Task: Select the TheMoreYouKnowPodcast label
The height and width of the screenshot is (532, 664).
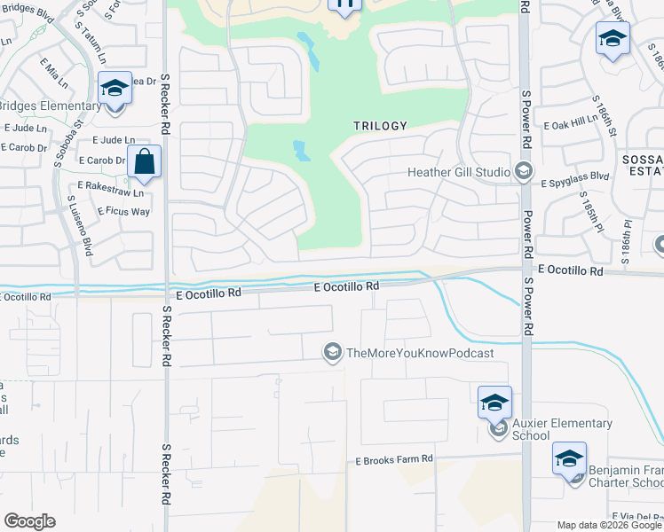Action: coord(419,353)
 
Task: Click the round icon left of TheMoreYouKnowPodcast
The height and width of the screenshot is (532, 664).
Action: coord(332,353)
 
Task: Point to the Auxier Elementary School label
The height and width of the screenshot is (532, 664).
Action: coord(562,429)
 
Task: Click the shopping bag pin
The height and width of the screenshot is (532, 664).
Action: coord(144,162)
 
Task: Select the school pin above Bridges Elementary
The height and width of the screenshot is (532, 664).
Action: coord(115,88)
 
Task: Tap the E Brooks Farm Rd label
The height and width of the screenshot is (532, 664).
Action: coord(394,459)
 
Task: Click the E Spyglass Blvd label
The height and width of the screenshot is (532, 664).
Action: coord(575,176)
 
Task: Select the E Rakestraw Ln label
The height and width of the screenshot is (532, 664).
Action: coord(110,191)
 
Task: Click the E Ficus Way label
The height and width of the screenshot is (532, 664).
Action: coord(114,211)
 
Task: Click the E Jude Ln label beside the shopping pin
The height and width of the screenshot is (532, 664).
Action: coord(113,140)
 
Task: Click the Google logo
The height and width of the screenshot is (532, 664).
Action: coord(29,521)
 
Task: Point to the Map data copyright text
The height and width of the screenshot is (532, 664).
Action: coord(610,525)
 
